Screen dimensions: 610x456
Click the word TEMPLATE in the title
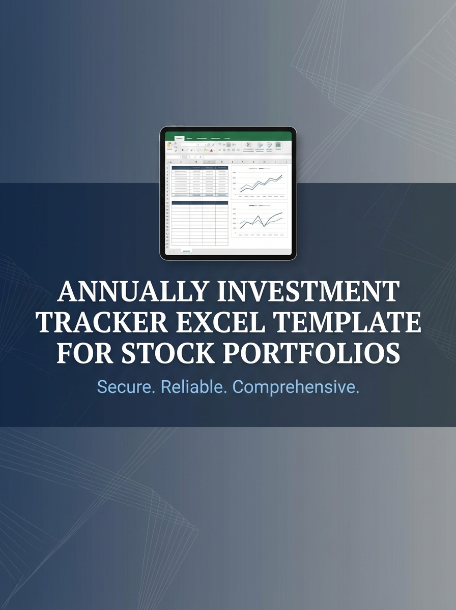(347, 322)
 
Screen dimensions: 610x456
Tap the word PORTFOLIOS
(309, 353)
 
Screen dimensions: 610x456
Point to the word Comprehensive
(296, 387)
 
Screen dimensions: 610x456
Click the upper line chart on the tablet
(260, 183)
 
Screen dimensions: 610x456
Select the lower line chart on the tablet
(260, 220)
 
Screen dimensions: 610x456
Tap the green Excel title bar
(228, 136)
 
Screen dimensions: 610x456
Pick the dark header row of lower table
(199, 203)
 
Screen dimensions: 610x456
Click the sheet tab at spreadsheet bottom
(186, 251)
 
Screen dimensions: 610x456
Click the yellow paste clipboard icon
(169, 145)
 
